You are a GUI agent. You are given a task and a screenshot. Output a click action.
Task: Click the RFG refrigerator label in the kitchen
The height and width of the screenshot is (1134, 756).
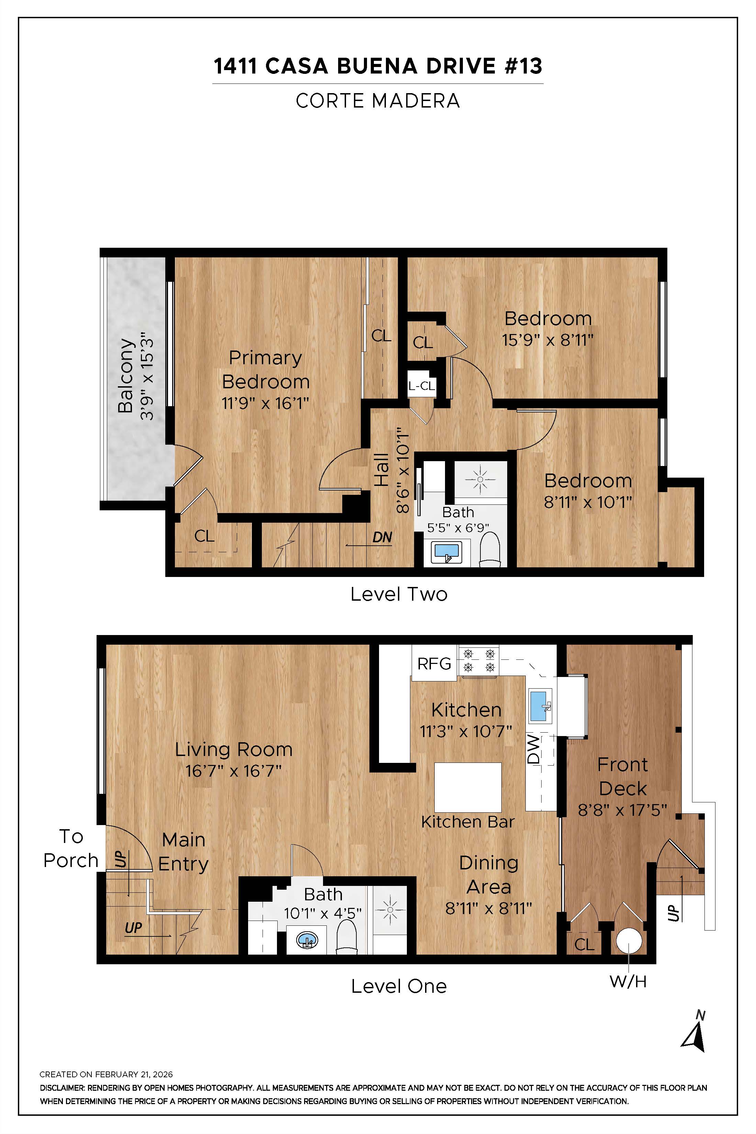click(434, 664)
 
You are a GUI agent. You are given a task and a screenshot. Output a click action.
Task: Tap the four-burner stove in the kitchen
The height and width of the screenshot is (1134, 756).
click(479, 660)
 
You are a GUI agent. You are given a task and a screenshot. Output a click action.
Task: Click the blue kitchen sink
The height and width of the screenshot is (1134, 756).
click(540, 706)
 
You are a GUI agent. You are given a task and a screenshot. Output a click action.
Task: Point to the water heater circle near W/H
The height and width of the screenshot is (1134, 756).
click(629, 941)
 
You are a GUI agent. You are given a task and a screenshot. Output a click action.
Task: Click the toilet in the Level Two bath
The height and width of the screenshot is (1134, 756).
click(490, 551)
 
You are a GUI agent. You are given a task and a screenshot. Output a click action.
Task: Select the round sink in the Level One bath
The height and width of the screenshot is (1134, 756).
click(307, 940)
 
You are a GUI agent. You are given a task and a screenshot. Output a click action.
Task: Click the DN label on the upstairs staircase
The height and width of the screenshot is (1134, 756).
click(382, 537)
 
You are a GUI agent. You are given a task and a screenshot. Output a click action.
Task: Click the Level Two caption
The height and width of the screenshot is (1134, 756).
click(399, 594)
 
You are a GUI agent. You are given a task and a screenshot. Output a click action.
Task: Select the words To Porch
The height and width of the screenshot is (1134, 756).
click(71, 848)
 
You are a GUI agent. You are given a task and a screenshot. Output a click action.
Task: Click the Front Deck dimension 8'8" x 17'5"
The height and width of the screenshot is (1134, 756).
click(622, 810)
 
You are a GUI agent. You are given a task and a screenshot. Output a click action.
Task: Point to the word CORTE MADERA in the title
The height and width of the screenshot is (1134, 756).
click(378, 101)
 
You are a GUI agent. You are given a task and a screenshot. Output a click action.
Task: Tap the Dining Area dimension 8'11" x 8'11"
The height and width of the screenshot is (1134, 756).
click(488, 908)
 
